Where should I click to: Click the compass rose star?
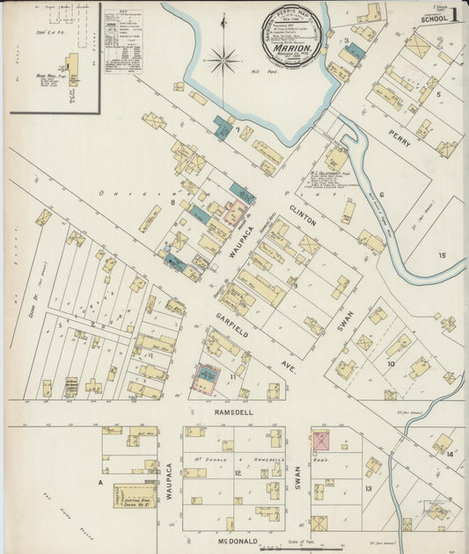click(x=223, y=62)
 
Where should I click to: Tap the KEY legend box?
click(x=122, y=40)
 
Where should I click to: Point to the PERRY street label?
click(x=399, y=144)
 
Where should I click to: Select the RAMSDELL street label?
click(x=230, y=411)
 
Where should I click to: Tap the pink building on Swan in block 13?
click(x=320, y=441)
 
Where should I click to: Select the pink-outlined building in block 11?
click(x=208, y=379)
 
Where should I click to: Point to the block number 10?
click(x=390, y=362)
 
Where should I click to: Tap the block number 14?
click(x=450, y=454)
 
